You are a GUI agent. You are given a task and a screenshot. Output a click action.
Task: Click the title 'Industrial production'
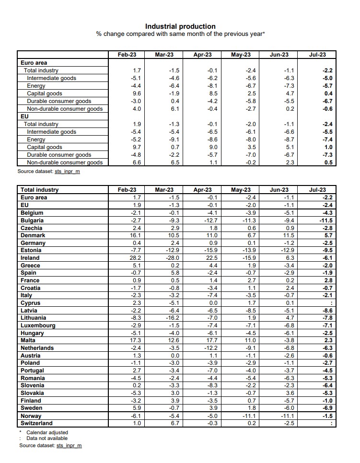point(180,26)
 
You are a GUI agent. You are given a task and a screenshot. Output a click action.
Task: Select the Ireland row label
point(30,258)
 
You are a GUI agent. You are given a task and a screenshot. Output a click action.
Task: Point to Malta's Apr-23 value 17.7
point(211,340)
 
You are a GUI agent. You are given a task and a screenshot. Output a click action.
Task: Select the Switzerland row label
point(36,423)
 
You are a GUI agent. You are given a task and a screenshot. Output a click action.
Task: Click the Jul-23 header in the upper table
point(317,55)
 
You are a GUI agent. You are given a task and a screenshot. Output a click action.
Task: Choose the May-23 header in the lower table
point(241,190)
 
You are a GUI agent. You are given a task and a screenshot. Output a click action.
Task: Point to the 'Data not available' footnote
point(47,438)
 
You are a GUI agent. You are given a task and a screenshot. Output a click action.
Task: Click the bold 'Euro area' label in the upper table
point(34,63)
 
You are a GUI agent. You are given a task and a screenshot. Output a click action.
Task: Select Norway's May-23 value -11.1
point(249,416)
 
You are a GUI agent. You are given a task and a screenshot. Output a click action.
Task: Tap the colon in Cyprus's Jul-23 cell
point(331,303)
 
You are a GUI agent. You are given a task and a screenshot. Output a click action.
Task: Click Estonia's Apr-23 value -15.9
point(211,250)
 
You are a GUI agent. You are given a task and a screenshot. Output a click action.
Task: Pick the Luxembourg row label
point(38,325)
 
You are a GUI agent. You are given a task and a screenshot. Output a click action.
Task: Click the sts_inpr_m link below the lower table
point(69,445)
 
